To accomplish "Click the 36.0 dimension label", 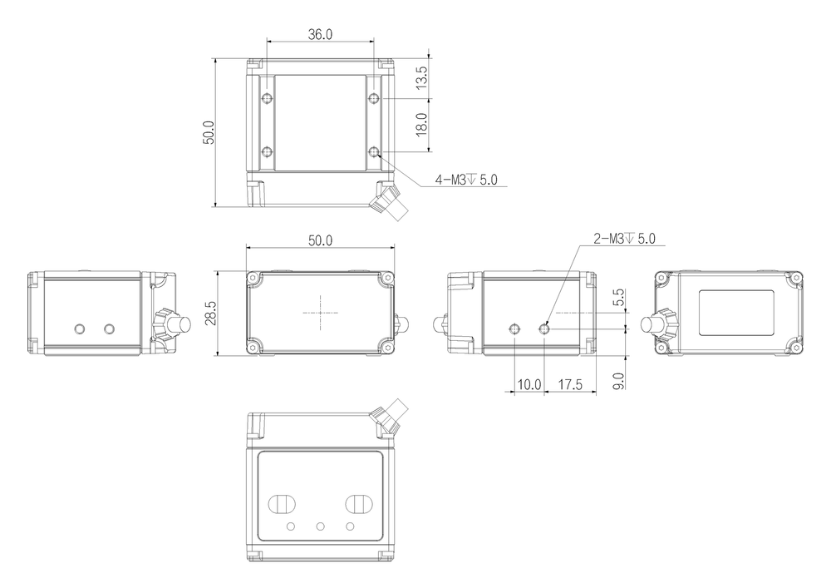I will tap(320, 35).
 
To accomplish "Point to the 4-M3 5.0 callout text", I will tap(466, 180).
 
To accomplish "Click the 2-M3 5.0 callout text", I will tap(624, 239).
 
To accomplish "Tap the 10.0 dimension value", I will tap(529, 385).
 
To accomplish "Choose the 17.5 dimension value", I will tap(570, 385).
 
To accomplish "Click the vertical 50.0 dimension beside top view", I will tap(209, 133).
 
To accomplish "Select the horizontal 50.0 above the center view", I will tap(320, 241).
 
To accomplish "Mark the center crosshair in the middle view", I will tap(321, 314).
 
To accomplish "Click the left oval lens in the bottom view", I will tap(280, 504).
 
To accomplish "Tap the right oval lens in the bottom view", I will tap(360, 504).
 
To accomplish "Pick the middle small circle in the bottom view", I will tap(320, 527).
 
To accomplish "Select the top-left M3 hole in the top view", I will tap(267, 100).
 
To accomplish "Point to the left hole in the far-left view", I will tap(79, 329).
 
